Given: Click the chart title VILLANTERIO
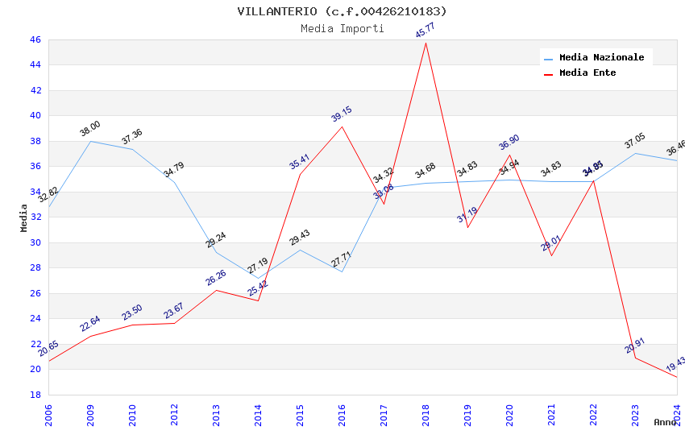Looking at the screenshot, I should coord(342,11).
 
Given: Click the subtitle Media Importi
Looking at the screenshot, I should coord(342,28).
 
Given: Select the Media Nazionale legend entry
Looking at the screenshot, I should coord(601,57).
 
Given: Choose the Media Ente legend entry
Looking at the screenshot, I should coord(587,72).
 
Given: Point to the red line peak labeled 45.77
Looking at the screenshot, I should coord(426,43).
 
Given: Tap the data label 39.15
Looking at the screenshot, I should coord(342,114).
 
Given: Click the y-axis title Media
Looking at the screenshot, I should coord(24,217).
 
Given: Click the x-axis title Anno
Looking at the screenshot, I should coord(665,422).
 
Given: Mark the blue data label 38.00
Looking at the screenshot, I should coord(90,128).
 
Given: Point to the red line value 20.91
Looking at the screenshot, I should coord(635,346).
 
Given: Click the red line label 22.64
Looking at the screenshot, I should coord(90,324).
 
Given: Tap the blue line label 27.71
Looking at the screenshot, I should coord(342,259).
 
